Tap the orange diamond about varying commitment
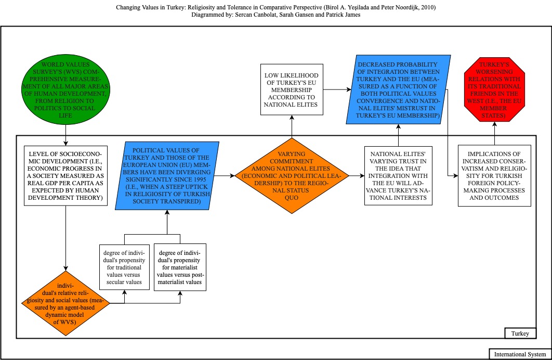tap(292, 176)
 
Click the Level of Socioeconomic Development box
tap(66, 176)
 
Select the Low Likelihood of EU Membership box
tap(292, 89)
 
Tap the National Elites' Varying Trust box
tap(398, 176)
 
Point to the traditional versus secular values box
tap(124, 267)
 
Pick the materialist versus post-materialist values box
tap(180, 267)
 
